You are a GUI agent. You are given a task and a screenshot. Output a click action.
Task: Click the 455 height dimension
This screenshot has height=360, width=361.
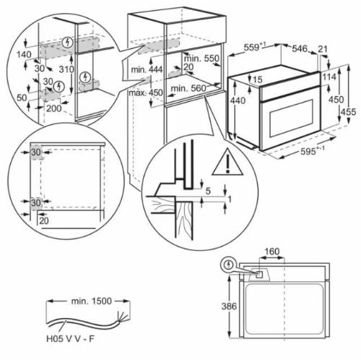click(x=349, y=111)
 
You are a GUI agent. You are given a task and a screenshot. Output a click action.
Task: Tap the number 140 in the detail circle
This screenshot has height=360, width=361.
click(x=25, y=53)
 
